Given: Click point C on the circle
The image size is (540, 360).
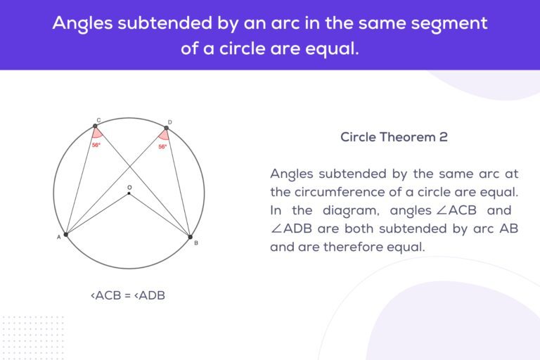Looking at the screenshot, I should tap(95, 127).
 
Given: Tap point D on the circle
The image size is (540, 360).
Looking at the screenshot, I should tap(166, 128).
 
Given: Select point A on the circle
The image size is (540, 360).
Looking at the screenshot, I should tap(65, 234).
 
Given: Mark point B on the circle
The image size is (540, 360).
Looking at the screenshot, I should tap(190, 236).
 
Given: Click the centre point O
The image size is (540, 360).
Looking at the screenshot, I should tap(129, 193).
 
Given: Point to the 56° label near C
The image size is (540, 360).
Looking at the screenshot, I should tap(96, 145).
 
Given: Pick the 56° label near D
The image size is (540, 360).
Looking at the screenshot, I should tap(162, 147).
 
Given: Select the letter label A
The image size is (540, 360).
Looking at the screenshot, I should tap(58, 238).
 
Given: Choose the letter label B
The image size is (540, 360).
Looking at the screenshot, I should tap(195, 243).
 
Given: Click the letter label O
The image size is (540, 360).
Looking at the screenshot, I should tap(129, 187).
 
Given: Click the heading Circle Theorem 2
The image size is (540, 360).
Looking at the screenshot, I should tap(394, 137).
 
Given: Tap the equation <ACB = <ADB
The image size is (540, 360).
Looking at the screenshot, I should tap(128, 295).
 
